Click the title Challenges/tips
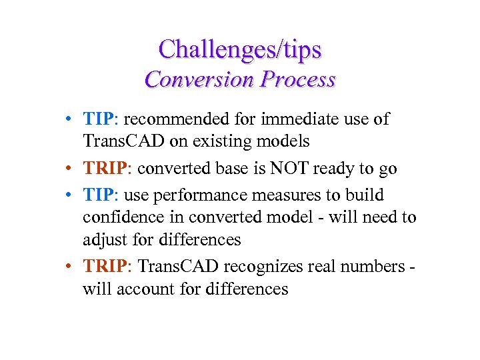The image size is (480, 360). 240,49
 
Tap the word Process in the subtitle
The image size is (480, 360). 298,79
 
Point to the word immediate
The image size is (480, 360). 280,120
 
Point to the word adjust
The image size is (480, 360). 103,239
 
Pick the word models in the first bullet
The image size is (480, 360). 286,141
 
